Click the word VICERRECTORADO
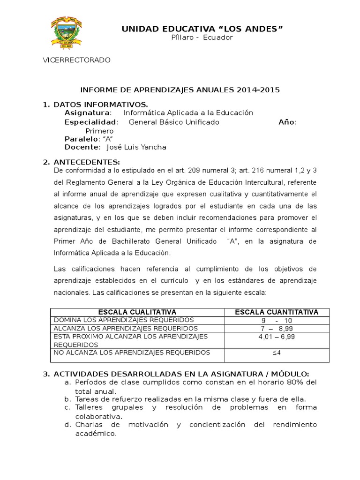click(x=76, y=60)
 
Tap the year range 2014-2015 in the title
click(x=258, y=90)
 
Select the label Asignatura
click(x=88, y=113)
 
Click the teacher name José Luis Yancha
click(x=136, y=147)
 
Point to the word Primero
click(x=99, y=131)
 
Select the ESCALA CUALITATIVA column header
click(x=137, y=312)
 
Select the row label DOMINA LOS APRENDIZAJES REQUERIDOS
click(x=124, y=320)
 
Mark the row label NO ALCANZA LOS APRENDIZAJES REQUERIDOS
click(x=132, y=352)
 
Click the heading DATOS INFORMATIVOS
click(x=101, y=104)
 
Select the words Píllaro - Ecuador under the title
click(x=202, y=37)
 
